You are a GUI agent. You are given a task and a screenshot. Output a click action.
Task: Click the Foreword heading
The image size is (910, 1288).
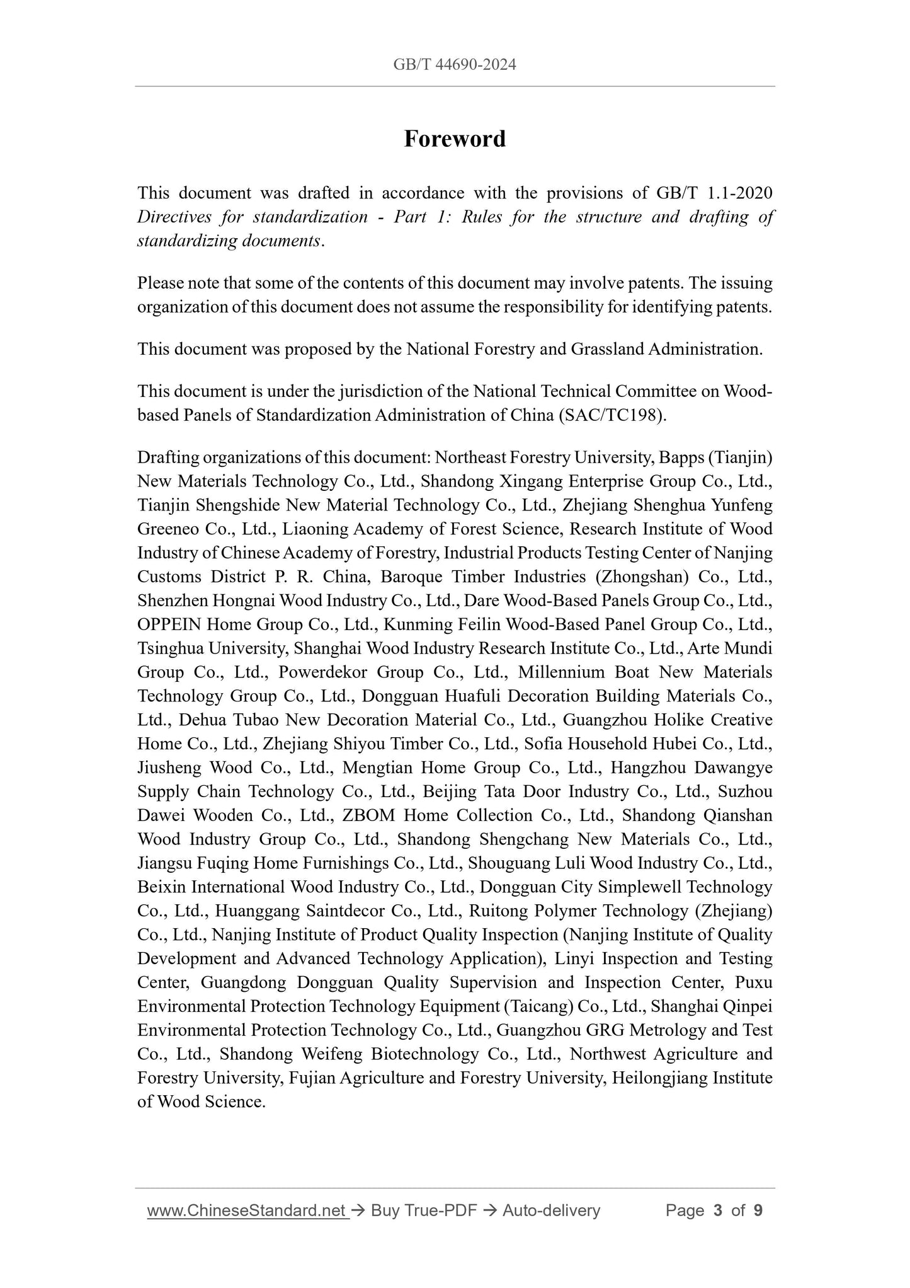(455, 139)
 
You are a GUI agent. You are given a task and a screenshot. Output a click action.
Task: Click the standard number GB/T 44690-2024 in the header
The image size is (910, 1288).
(455, 64)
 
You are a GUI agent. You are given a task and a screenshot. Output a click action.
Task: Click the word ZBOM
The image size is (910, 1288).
(368, 815)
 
